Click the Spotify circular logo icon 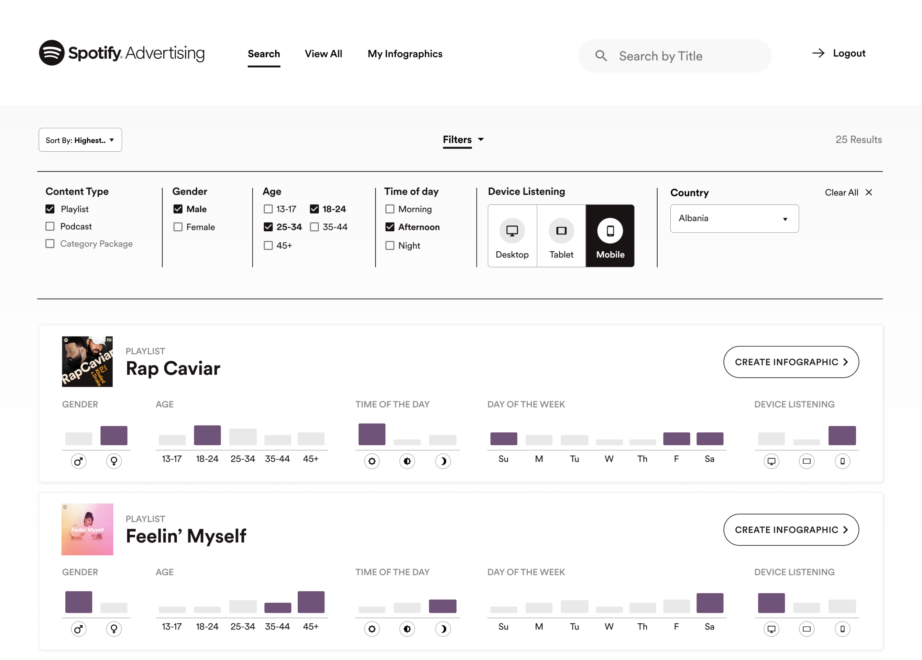click(52, 53)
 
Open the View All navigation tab click(323, 54)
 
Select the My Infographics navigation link click(405, 54)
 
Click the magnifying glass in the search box click(601, 56)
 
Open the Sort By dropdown click(80, 140)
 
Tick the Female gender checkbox click(178, 227)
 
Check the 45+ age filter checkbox click(268, 245)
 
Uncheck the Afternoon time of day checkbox click(390, 227)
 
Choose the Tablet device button click(561, 236)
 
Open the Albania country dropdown click(734, 219)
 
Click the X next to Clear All click(869, 192)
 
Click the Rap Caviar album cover click(87, 361)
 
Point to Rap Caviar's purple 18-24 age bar click(207, 435)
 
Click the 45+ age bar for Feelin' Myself click(311, 602)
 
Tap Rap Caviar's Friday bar click(677, 439)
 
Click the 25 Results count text click(859, 140)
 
